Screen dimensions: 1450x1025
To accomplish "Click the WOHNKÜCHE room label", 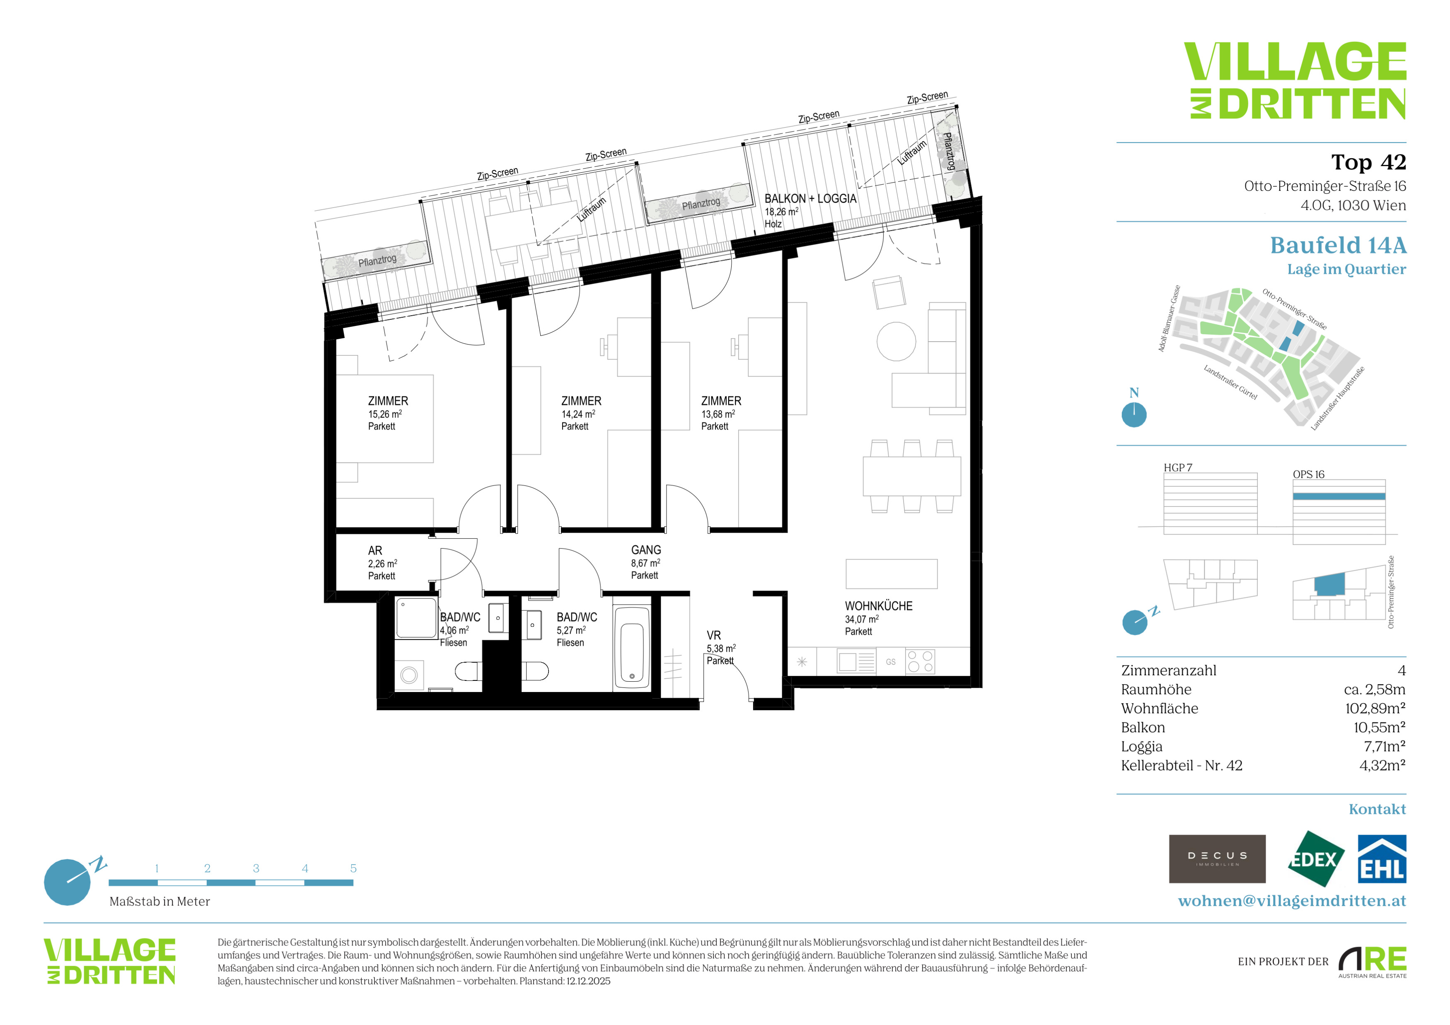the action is [878, 606].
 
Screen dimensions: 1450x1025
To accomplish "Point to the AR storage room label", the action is [375, 550].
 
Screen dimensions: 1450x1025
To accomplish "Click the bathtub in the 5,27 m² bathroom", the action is [631, 648].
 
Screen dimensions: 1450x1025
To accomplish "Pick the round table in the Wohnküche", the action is [896, 341].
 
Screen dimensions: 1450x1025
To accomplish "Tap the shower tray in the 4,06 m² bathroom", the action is [416, 619].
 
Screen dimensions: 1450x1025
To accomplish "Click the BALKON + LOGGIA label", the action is [810, 198].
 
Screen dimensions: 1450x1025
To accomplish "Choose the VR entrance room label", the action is [714, 635].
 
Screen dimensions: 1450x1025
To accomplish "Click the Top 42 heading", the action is [1368, 162].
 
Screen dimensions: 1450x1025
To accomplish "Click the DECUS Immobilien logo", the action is [1217, 859].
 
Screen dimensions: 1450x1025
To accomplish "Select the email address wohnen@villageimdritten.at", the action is [1292, 901].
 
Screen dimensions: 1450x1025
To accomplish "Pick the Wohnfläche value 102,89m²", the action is [1375, 708].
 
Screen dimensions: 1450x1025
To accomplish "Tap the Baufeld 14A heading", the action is [1338, 245].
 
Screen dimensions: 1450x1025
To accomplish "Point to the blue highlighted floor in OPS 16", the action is [1339, 497].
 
